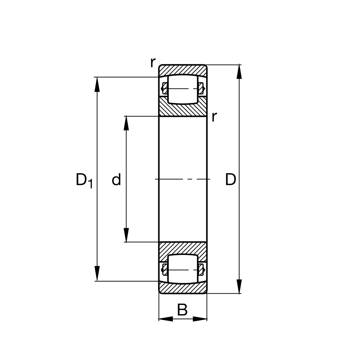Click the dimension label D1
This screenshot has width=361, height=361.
84,180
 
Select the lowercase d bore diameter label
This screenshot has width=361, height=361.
116,180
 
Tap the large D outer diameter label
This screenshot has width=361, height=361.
230,180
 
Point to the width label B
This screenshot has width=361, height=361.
182,310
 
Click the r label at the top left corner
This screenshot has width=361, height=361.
153,63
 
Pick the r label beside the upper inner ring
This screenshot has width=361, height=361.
214,117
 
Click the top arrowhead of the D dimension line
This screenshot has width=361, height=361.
239,72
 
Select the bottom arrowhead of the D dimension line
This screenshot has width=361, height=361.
239,286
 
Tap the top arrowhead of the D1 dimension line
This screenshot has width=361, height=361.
97,84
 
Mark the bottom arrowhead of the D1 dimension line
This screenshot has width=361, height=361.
97,274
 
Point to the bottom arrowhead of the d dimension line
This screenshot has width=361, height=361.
126,235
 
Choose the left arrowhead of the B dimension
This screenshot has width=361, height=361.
166,319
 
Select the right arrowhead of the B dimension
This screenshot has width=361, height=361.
200,319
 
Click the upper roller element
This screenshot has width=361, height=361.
183,89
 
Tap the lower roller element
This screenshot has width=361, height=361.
183,269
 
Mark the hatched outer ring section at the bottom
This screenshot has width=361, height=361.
183,288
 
